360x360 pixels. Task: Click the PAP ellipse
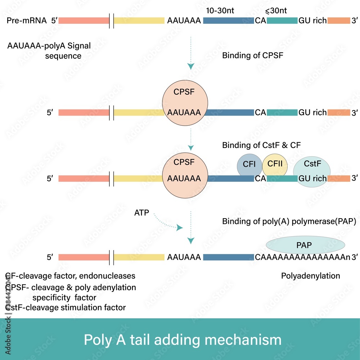click(305, 245)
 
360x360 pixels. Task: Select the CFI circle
click(249, 165)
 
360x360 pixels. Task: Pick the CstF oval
click(312, 169)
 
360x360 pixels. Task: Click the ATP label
click(141, 213)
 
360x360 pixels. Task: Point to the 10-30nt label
click(220, 11)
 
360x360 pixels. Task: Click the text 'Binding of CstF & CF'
click(261, 145)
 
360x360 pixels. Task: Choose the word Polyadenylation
click(310, 276)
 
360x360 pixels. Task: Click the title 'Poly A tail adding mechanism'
click(183, 339)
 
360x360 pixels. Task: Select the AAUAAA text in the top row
click(184, 21)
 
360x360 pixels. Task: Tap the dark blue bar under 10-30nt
click(228, 21)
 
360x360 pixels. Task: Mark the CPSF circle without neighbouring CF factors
click(184, 102)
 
